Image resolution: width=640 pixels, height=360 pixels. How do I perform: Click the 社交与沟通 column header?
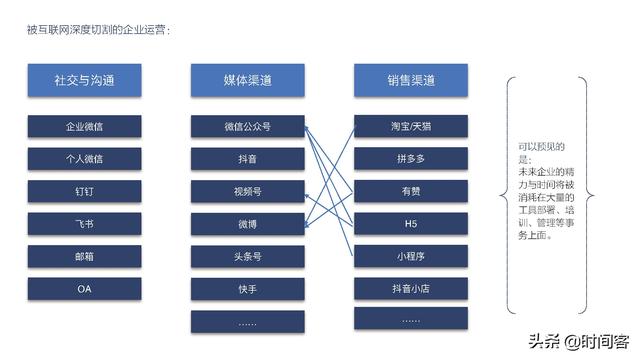(x=85, y=80)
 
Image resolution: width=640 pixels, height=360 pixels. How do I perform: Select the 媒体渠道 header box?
(x=247, y=80)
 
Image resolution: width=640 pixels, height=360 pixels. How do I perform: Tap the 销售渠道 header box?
(x=410, y=80)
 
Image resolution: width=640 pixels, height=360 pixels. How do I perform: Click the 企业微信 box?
(x=85, y=127)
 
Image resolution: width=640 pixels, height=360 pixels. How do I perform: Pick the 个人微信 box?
(x=85, y=159)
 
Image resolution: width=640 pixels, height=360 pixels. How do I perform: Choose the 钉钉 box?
(x=85, y=191)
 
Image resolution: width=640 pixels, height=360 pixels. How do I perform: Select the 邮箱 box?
(x=85, y=256)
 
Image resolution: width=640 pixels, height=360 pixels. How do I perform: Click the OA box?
(x=85, y=289)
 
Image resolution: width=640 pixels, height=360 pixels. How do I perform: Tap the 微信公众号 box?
(x=247, y=127)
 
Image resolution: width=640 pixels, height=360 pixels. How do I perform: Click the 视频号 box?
(x=247, y=191)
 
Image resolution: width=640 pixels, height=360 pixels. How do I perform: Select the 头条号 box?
(x=247, y=256)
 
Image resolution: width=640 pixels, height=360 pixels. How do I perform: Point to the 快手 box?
(x=247, y=289)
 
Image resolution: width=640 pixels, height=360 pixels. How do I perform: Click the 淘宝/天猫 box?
(x=410, y=127)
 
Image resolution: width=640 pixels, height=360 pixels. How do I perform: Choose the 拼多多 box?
(x=410, y=159)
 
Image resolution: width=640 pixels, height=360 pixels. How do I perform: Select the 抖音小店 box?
(x=410, y=288)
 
